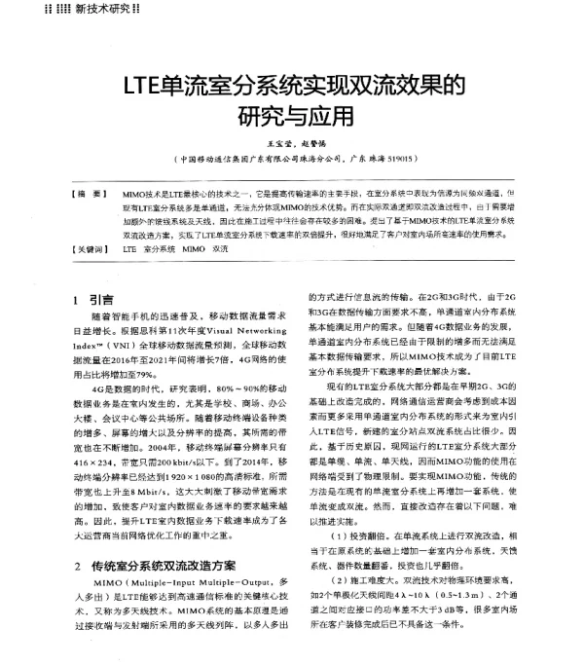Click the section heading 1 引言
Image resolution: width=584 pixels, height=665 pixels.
click(94, 299)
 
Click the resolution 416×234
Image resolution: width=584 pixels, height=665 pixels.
click(94, 461)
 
